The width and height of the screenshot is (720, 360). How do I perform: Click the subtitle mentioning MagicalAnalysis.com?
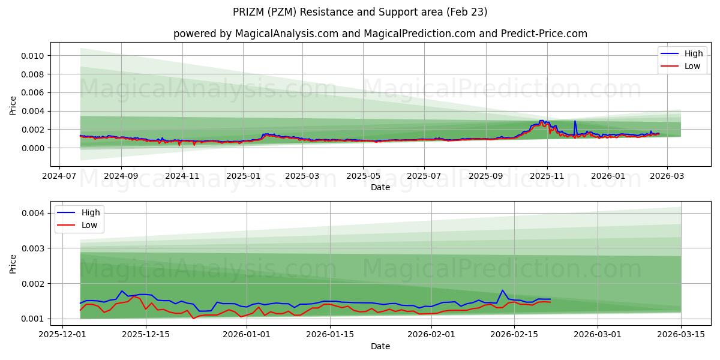[x=380, y=34]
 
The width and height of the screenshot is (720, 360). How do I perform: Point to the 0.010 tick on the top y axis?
[x=33, y=56]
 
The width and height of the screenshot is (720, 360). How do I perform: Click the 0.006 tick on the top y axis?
[x=33, y=92]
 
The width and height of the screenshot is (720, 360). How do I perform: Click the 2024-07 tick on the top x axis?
[x=59, y=176]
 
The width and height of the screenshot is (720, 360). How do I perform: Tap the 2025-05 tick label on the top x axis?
[x=363, y=176]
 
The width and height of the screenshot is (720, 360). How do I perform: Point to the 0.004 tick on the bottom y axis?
[x=33, y=213]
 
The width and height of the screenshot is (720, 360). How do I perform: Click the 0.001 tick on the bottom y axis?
[x=33, y=319]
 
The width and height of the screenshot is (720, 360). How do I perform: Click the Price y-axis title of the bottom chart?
[x=13, y=264]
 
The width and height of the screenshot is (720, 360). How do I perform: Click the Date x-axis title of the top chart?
[x=380, y=187]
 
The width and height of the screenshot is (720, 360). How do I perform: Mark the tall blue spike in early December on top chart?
[x=575, y=122]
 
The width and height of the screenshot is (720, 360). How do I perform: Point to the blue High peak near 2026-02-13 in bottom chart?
[x=502, y=290]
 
